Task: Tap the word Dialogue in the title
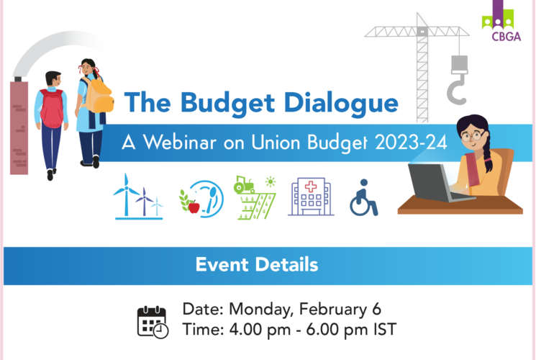pos(341,104)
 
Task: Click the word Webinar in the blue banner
pos(180,142)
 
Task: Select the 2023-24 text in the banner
pos(411,142)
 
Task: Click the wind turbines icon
pos(138,197)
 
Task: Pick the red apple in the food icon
pos(194,207)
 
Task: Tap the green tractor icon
pos(244,185)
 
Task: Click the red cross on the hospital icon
pos(310,186)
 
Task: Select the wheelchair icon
pos(364,198)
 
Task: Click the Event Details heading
pos(257,264)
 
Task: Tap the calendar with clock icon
pos(153,323)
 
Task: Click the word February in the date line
pos(333,310)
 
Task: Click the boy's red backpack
pos(52,108)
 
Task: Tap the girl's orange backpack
pos(99,96)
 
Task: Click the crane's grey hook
pos(458,90)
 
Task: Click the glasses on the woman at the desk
pos(471,137)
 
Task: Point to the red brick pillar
pos(19,127)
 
